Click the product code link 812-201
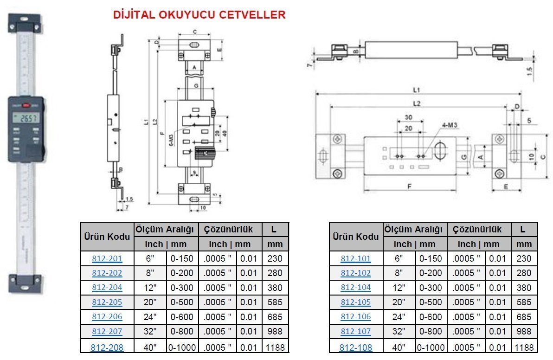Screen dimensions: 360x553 [x=107, y=258]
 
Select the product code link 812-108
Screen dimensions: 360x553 [x=356, y=347]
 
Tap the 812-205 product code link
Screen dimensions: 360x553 [x=107, y=302]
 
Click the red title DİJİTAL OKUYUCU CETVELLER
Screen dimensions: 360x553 [x=199, y=15]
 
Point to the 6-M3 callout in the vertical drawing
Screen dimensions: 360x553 [x=171, y=139]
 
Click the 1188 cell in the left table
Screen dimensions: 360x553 [x=275, y=347]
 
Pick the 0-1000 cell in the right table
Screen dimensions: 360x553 [x=431, y=347]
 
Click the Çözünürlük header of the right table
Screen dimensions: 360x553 [x=477, y=229]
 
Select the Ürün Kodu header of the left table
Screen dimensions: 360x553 [x=107, y=237]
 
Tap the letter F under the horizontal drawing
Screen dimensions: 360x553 [x=410, y=187]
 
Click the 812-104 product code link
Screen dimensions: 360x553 [x=356, y=288]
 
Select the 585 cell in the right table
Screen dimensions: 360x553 [x=524, y=302]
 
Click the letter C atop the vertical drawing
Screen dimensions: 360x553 [x=194, y=32]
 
